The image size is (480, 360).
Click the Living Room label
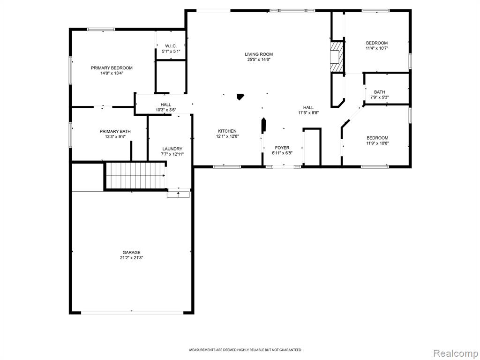(259, 54)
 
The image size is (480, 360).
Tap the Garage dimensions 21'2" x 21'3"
(132, 258)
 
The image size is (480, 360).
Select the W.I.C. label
(171, 46)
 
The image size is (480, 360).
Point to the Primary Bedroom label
(112, 68)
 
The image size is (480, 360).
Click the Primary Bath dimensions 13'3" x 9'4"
(115, 137)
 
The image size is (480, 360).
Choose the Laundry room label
(172, 149)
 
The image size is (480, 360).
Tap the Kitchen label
(227, 131)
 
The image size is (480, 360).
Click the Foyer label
(282, 148)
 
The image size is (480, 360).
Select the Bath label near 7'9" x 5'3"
(380, 92)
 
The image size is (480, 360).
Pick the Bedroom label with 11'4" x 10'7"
(377, 43)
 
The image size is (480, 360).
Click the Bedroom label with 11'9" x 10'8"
(377, 138)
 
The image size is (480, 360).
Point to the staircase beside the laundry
(135, 176)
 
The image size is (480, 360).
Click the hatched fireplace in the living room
(337, 57)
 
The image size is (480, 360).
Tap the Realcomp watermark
(455, 353)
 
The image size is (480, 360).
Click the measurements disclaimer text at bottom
(245, 350)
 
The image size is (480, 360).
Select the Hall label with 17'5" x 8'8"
(308, 107)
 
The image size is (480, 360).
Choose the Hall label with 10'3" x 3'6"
(166, 105)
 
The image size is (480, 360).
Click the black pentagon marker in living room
(240, 97)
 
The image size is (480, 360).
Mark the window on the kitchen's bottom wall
(227, 167)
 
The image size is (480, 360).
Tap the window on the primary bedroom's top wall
(101, 30)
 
